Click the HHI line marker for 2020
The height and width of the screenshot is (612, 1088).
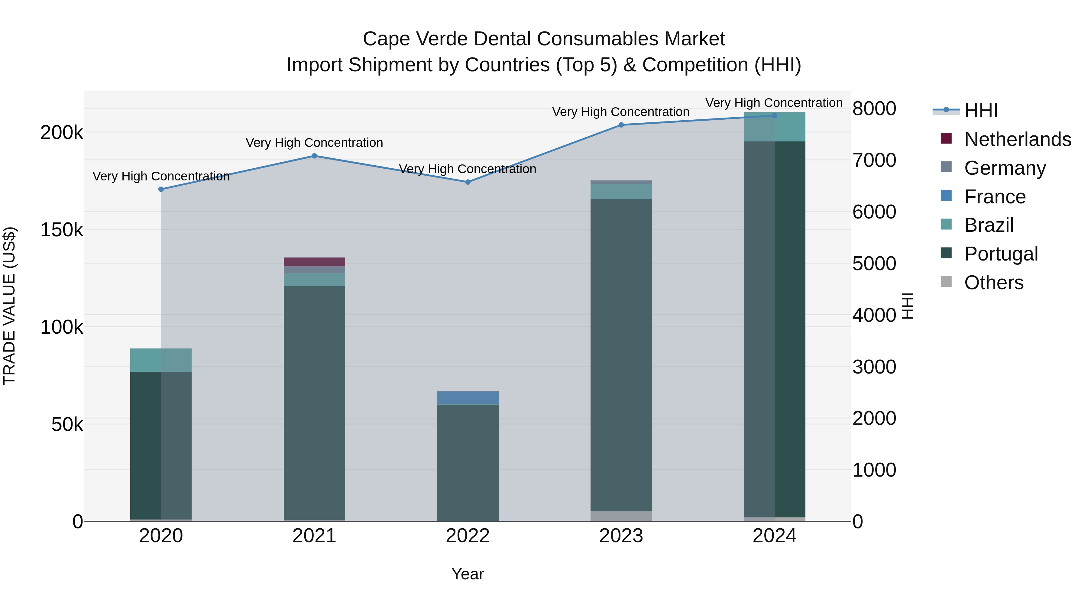click(161, 189)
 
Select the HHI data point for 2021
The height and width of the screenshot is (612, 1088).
click(314, 156)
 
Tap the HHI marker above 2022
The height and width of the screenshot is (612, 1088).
click(468, 182)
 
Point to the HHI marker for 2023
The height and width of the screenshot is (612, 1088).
click(621, 125)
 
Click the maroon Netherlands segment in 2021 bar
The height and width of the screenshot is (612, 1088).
click(314, 262)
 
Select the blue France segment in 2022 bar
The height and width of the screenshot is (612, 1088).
click(468, 398)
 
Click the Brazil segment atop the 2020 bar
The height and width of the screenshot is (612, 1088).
click(161, 360)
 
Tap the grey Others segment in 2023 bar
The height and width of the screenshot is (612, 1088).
click(621, 516)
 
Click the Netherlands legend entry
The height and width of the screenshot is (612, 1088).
click(1018, 139)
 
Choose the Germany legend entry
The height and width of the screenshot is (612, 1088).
click(1005, 168)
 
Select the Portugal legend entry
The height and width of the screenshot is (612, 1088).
click(1001, 254)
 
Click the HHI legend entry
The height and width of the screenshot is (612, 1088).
click(981, 111)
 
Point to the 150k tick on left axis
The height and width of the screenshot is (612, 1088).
click(62, 230)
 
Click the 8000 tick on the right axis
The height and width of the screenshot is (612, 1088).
click(874, 108)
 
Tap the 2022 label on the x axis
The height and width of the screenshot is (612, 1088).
click(468, 536)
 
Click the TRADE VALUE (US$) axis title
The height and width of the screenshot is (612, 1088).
click(9, 306)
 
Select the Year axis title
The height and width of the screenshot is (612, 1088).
click(468, 574)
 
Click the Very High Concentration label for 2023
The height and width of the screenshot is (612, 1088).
click(620, 112)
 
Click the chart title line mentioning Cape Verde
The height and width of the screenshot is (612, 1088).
click(544, 39)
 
